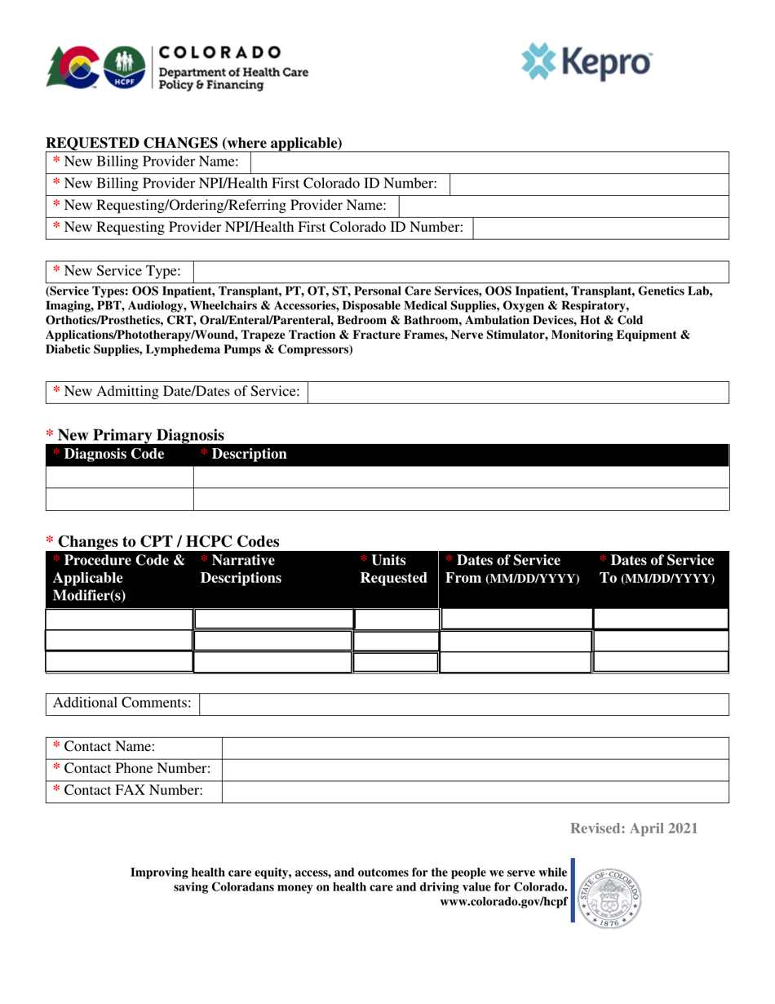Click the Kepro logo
click(587, 62)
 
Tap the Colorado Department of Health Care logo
click(179, 67)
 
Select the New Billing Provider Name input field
click(489, 161)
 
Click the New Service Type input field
click(460, 271)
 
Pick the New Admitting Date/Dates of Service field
click(518, 392)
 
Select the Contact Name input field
click(475, 746)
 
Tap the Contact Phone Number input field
click(475, 768)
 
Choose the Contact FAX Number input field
click(475, 790)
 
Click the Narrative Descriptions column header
click(241, 569)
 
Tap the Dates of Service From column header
click(513, 569)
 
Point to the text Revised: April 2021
click(634, 829)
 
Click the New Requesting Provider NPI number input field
click(600, 227)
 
